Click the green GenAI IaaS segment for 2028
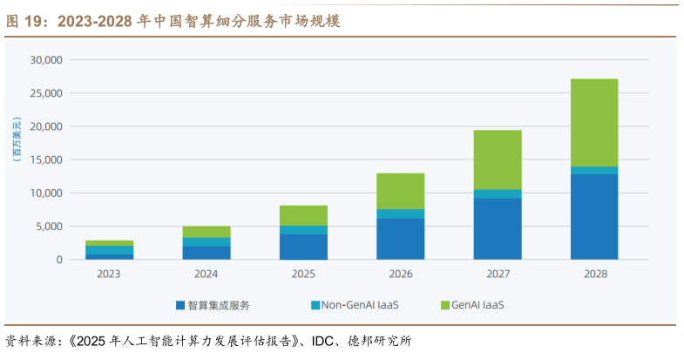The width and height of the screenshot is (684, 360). tap(594, 122)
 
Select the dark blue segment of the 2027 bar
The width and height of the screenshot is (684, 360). tap(498, 228)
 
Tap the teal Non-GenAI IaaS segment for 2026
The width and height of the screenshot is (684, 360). tap(401, 214)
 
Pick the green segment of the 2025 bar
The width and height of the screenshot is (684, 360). tap(303, 215)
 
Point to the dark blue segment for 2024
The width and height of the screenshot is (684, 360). tap(207, 253)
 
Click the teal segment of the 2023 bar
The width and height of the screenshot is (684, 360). tap(110, 250)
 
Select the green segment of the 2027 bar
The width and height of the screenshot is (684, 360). tap(498, 160)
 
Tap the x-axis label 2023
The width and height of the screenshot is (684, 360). tap(110, 274)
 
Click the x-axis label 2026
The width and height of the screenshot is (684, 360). tap(401, 274)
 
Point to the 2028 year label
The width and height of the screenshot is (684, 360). tap(594, 274)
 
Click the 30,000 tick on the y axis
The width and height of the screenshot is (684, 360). tap(46, 60)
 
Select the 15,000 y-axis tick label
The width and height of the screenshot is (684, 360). tap(46, 160)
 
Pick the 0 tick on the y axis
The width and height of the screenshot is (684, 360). tap(59, 260)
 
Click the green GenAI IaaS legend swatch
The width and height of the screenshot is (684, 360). tap(445, 305)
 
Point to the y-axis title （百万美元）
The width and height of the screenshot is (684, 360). tap(15, 139)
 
